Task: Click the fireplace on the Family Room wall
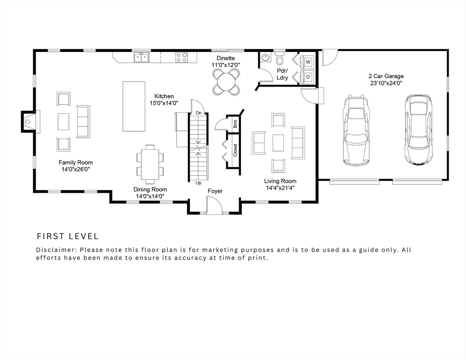point(29,121)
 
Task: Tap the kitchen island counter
point(133,106)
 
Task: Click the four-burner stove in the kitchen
point(181,58)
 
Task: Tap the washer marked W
point(308,61)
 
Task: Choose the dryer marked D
point(308,77)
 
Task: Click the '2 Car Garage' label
point(385,76)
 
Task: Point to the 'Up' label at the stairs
point(198,183)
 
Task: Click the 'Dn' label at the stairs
point(199,113)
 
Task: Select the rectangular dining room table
point(150,164)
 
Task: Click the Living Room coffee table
point(278,142)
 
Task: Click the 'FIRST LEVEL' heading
point(68,236)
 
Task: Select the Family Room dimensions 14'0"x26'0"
point(75,169)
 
